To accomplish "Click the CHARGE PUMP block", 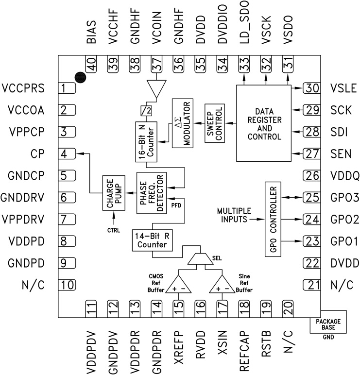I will click(113, 193).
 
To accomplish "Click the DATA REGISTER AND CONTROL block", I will click(263, 124).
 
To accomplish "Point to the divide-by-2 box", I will click(144, 109).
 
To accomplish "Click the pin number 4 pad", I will click(67, 154).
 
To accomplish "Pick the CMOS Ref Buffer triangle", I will click(178, 285).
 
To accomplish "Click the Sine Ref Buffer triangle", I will click(221, 285).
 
